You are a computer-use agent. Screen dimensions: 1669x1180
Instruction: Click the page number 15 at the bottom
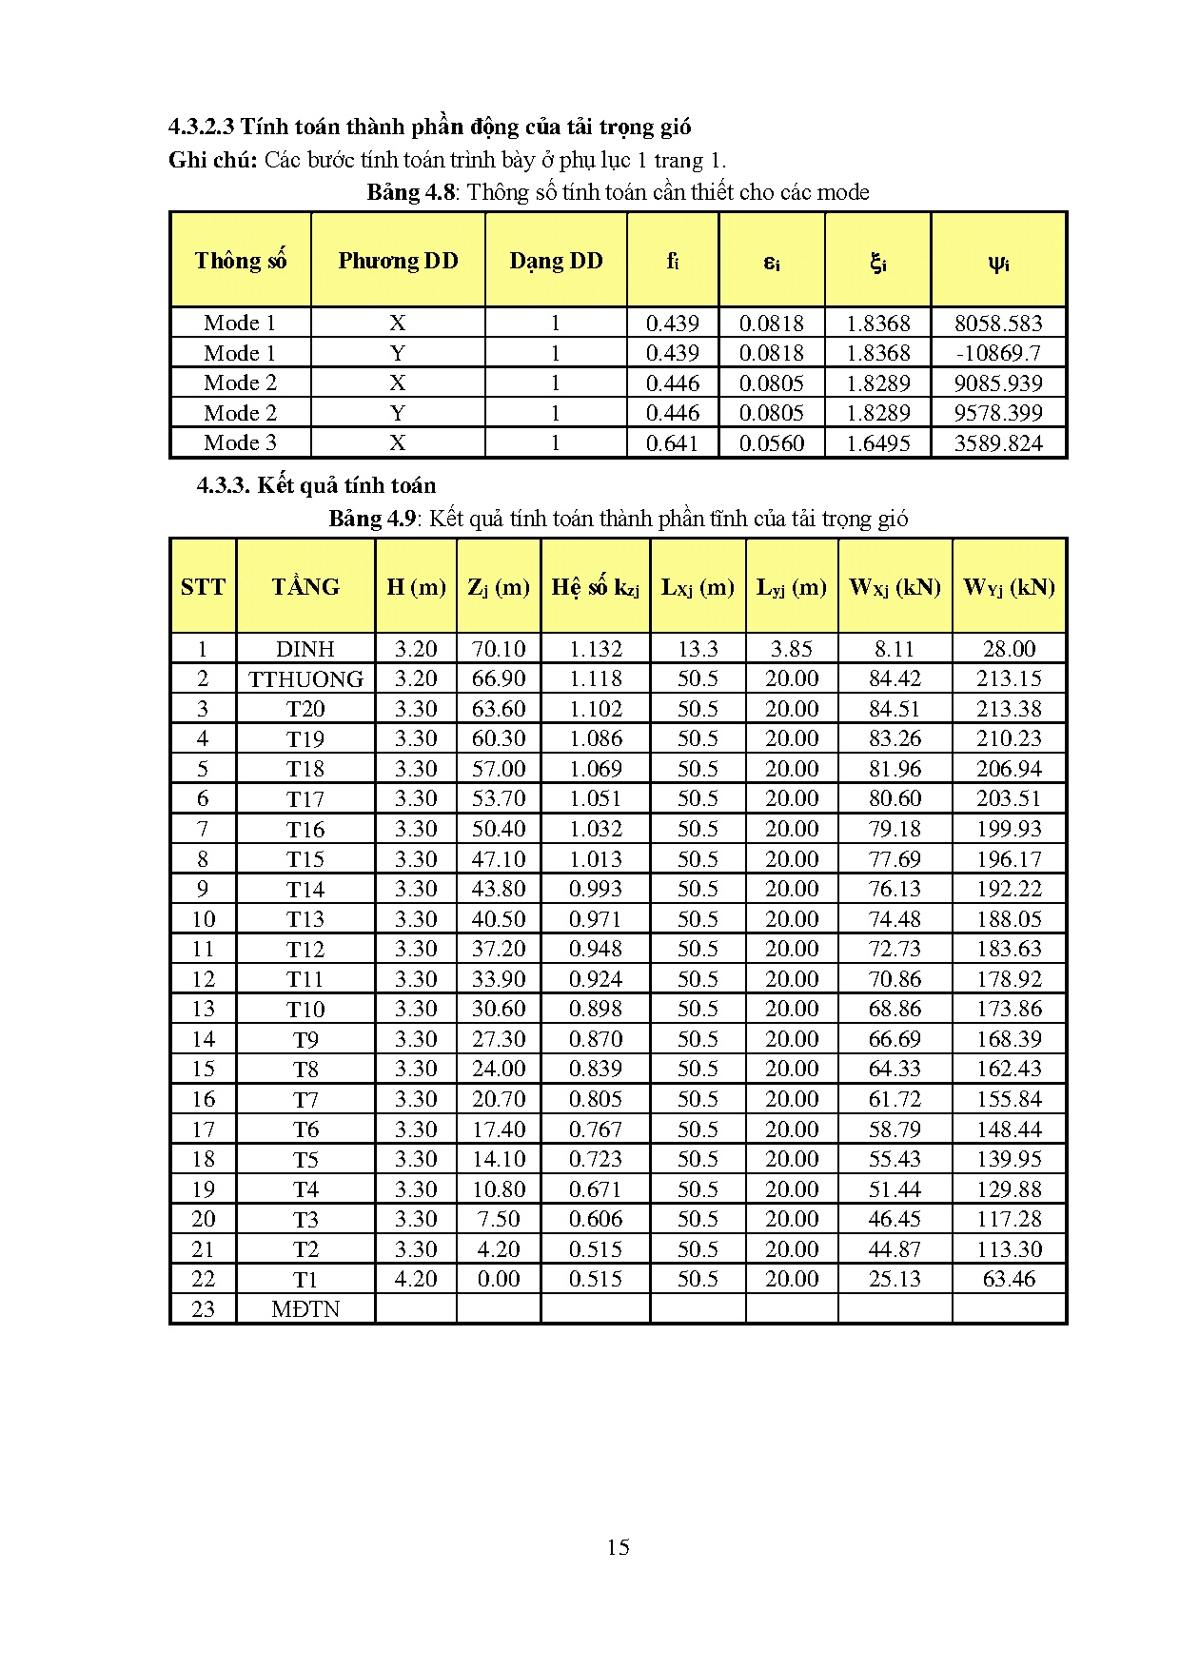coord(618,1546)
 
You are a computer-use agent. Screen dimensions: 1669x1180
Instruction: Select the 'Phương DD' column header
coord(398,261)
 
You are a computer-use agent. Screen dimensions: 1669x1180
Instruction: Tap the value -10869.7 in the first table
coord(998,353)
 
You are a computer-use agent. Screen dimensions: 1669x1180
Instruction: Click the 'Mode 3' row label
coord(240,442)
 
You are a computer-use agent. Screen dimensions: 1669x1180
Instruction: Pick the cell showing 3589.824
coord(998,442)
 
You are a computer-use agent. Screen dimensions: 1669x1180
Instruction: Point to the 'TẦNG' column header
coord(305,586)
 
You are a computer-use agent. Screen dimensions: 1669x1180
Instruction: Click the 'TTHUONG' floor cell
coord(305,678)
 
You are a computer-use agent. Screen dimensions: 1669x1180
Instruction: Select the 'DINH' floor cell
coord(305,649)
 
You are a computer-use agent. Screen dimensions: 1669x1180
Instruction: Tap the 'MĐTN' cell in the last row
coord(305,1308)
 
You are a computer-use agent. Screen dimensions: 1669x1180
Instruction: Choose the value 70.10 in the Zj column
coord(499,649)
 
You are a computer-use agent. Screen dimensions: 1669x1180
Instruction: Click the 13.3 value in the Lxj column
coord(698,649)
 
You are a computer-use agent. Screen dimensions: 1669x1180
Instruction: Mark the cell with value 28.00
coord(1009,649)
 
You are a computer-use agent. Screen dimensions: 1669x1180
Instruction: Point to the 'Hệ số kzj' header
coord(596,587)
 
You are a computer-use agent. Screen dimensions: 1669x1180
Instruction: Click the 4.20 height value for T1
coord(416,1279)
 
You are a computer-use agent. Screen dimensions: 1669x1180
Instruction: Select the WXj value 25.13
coord(895,1279)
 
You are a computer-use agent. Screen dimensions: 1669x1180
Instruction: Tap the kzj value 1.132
coord(596,649)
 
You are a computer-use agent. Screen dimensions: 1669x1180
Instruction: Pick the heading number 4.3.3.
coord(223,485)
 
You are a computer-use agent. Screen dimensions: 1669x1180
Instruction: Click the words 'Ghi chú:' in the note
coord(213,160)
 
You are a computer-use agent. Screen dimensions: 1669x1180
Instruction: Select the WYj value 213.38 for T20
coord(1009,709)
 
